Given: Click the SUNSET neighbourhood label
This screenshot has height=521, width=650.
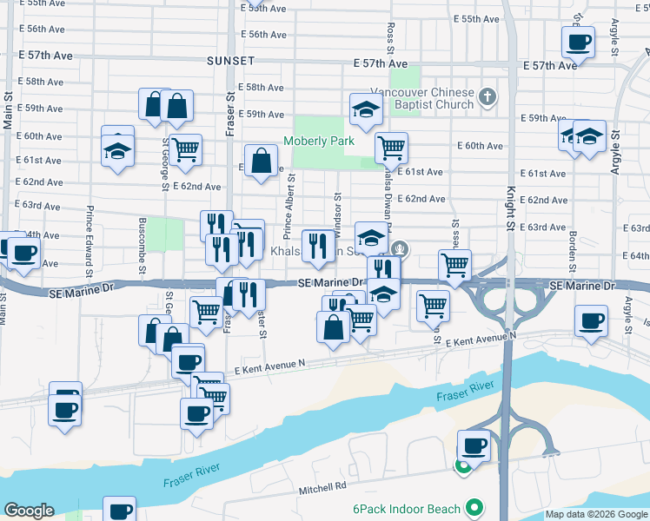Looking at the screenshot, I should pyautogui.click(x=230, y=61).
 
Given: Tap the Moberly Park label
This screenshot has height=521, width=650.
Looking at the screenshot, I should pyautogui.click(x=317, y=141).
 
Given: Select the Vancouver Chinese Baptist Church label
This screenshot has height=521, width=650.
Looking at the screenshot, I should pyautogui.click(x=422, y=98).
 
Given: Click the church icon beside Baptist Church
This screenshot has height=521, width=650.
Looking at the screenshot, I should pyautogui.click(x=488, y=96).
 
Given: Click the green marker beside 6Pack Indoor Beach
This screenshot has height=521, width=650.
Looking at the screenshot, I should pyautogui.click(x=474, y=506).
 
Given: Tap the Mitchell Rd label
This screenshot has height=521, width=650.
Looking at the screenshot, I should pyautogui.click(x=323, y=487).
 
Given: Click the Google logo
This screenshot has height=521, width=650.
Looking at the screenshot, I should pyautogui.click(x=30, y=511).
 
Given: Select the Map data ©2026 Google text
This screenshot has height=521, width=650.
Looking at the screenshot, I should pyautogui.click(x=595, y=514).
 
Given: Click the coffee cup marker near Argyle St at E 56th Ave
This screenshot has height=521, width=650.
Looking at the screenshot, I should pyautogui.click(x=578, y=42).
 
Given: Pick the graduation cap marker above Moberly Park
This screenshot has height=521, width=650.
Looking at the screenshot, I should pyautogui.click(x=367, y=109).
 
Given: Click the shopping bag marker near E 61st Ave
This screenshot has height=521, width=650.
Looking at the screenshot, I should pyautogui.click(x=262, y=161).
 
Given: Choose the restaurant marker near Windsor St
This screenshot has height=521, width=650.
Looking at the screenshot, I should pyautogui.click(x=316, y=246).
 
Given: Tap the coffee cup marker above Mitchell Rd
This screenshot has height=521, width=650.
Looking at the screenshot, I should pyautogui.click(x=474, y=445).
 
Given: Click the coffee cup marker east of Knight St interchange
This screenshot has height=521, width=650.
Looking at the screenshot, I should pyautogui.click(x=591, y=320).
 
